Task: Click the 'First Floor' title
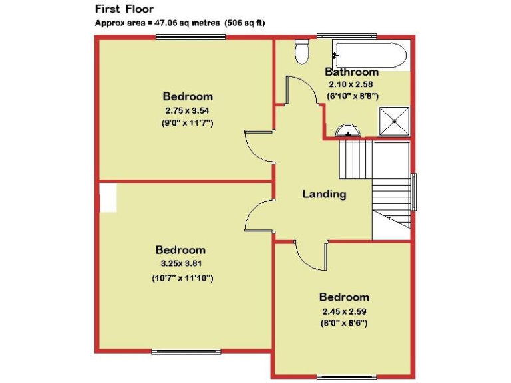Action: point(124,9)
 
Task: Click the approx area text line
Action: point(180,23)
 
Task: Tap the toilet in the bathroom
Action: point(303,52)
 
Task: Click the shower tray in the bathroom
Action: point(394,121)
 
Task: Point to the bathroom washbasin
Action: point(348,132)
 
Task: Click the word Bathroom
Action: point(351,72)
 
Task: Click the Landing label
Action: point(324,194)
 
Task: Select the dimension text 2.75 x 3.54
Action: point(188,110)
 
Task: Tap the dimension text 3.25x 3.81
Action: point(181,263)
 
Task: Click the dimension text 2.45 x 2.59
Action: point(344,310)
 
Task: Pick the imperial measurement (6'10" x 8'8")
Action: point(353,96)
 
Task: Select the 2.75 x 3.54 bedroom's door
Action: point(258,148)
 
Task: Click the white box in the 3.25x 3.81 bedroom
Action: point(107,197)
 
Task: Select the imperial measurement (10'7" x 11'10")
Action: point(182,278)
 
